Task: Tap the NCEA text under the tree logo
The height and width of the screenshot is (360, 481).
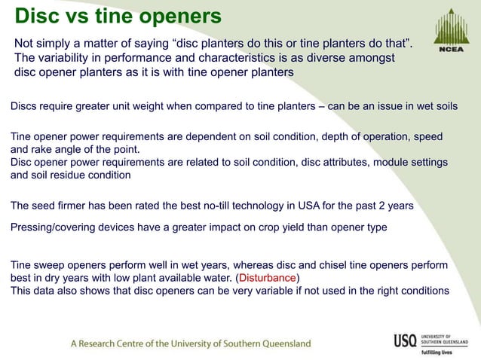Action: pos(452,50)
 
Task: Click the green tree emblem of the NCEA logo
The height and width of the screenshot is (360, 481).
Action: pos(452,25)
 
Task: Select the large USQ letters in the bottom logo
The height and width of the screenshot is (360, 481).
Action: pos(404,340)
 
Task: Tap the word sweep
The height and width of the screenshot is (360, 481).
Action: pos(51,266)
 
